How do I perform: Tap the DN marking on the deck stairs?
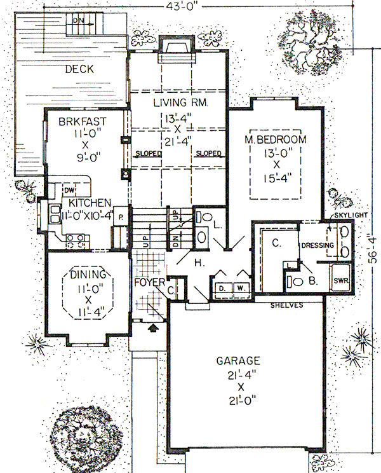point(78,20)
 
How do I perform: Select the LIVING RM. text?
point(181,102)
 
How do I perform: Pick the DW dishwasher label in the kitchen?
point(71,190)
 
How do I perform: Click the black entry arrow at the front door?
point(152,329)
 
